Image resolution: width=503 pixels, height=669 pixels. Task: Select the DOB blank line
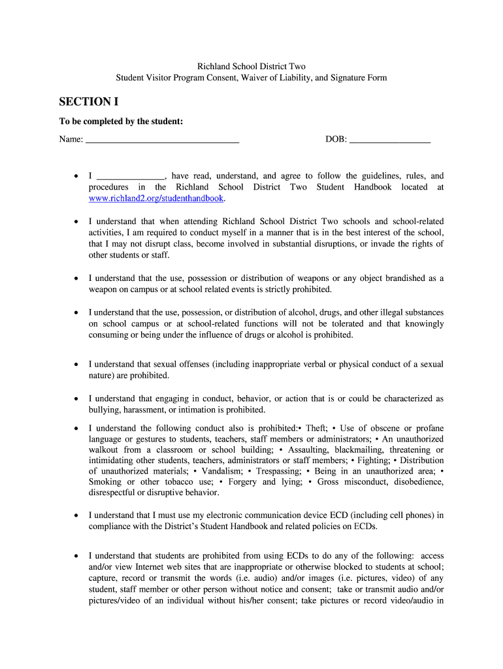pyautogui.click(x=390, y=140)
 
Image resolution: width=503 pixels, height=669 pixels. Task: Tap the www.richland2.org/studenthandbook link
pyautogui.click(x=156, y=198)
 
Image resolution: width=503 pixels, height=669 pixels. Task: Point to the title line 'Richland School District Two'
pyautogui.click(x=252, y=67)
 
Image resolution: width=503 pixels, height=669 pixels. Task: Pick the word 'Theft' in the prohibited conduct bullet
pyautogui.click(x=316, y=428)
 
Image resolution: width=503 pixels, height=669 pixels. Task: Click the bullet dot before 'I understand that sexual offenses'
pyautogui.click(x=76, y=365)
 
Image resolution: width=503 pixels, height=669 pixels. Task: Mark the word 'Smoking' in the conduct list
pyautogui.click(x=105, y=482)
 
